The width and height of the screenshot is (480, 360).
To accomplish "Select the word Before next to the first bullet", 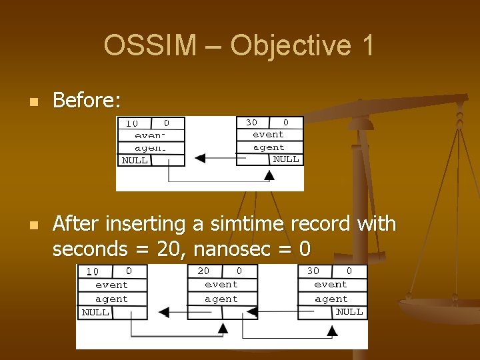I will click(87, 101).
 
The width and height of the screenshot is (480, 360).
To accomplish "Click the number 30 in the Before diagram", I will click(251, 123).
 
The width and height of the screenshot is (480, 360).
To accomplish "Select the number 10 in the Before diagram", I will click(131, 123).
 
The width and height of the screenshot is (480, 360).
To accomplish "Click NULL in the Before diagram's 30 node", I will click(286, 159).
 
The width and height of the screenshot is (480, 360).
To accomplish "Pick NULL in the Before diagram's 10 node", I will click(135, 160).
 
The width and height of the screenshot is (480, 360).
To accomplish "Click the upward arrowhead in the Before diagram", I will click(269, 175).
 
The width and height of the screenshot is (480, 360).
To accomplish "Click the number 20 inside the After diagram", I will click(203, 271).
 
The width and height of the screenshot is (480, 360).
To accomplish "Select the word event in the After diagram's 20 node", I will click(221, 285).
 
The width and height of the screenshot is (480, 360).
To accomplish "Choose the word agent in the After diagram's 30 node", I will click(331, 299).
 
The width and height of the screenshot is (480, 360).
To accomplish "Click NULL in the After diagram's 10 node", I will click(95, 312).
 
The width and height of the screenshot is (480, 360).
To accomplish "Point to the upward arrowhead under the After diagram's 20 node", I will click(223, 327).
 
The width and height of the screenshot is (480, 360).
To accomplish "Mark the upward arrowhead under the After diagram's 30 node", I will click(332, 327).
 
